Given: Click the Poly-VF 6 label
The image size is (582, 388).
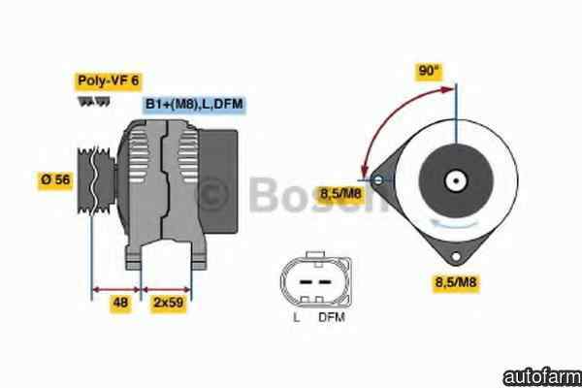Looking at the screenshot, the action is [108, 81].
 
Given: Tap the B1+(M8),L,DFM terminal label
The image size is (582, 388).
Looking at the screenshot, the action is [194, 104].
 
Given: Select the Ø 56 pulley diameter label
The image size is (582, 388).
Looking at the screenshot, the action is [55, 180].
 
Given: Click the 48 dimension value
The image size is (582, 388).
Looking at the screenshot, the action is [120, 303].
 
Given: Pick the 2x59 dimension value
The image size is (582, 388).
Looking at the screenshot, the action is [169, 303].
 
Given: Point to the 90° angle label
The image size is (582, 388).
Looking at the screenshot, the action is [429, 71].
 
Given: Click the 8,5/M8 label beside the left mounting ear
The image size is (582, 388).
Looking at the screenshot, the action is [340, 194].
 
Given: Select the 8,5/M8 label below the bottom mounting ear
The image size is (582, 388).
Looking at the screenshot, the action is [456, 282].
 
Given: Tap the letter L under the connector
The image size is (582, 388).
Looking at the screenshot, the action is [296, 318].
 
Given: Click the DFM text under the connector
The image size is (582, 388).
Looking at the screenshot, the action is [332, 317].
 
